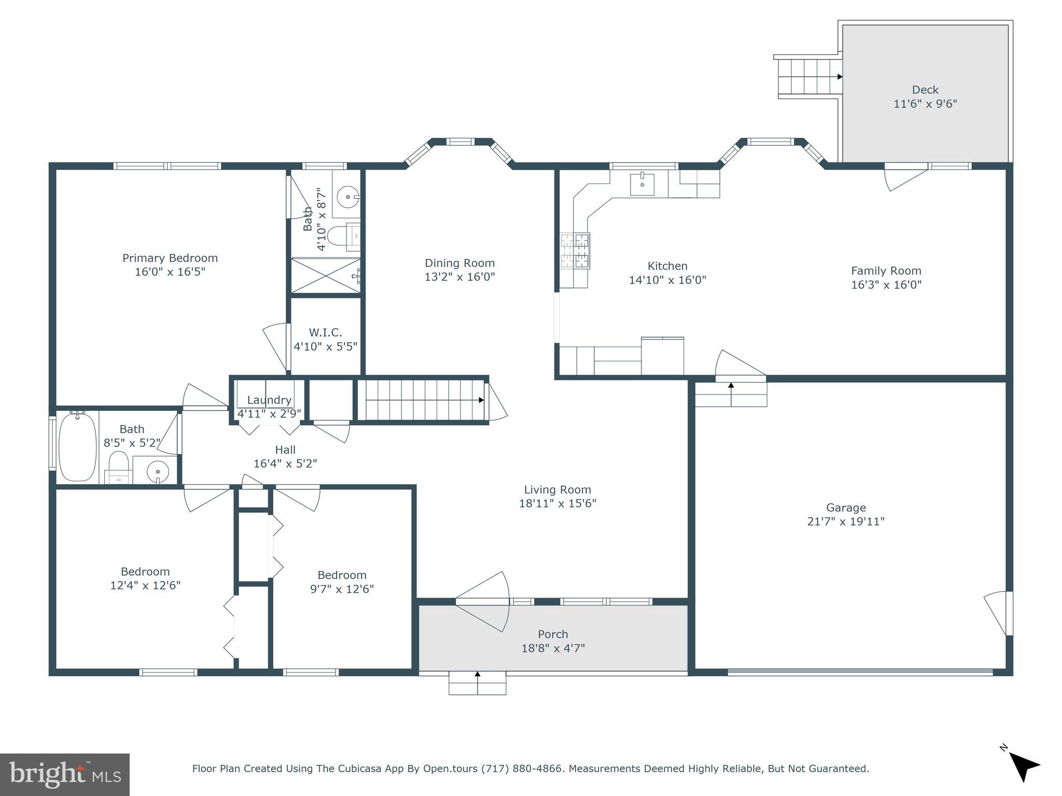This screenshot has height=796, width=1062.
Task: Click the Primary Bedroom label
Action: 170,258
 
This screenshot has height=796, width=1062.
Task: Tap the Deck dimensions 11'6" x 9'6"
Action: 925,104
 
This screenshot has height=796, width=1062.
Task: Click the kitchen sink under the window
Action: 642,184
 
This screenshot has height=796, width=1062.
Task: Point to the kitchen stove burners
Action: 575,251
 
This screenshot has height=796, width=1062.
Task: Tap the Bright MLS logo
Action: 65,775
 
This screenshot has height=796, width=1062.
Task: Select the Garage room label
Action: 846,508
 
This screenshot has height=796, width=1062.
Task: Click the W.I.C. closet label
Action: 326,333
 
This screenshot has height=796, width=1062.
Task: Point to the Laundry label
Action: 269,400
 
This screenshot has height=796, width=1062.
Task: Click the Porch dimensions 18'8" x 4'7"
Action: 553,648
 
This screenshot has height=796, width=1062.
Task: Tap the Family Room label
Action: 886,271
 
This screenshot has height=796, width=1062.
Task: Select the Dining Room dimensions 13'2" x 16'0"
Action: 459,277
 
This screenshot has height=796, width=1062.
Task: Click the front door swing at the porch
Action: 483,602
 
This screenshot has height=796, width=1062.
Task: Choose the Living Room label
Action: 557,490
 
